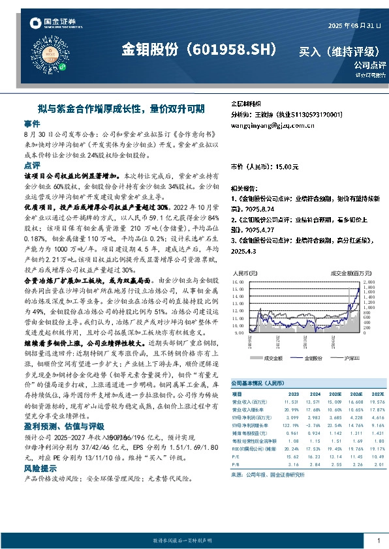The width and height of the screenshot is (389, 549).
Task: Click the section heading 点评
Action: [x=31, y=166]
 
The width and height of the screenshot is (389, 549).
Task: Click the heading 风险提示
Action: [x=40, y=468]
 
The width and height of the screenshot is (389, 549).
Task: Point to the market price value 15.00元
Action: [x=285, y=168]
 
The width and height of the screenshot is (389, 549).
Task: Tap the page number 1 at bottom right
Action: [x=378, y=541]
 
